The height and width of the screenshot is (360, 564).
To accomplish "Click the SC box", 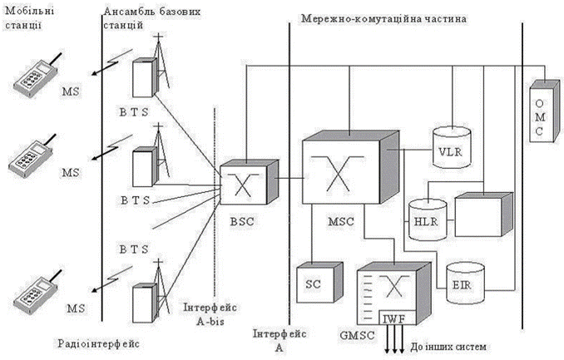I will pyautogui.click(x=312, y=283).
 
